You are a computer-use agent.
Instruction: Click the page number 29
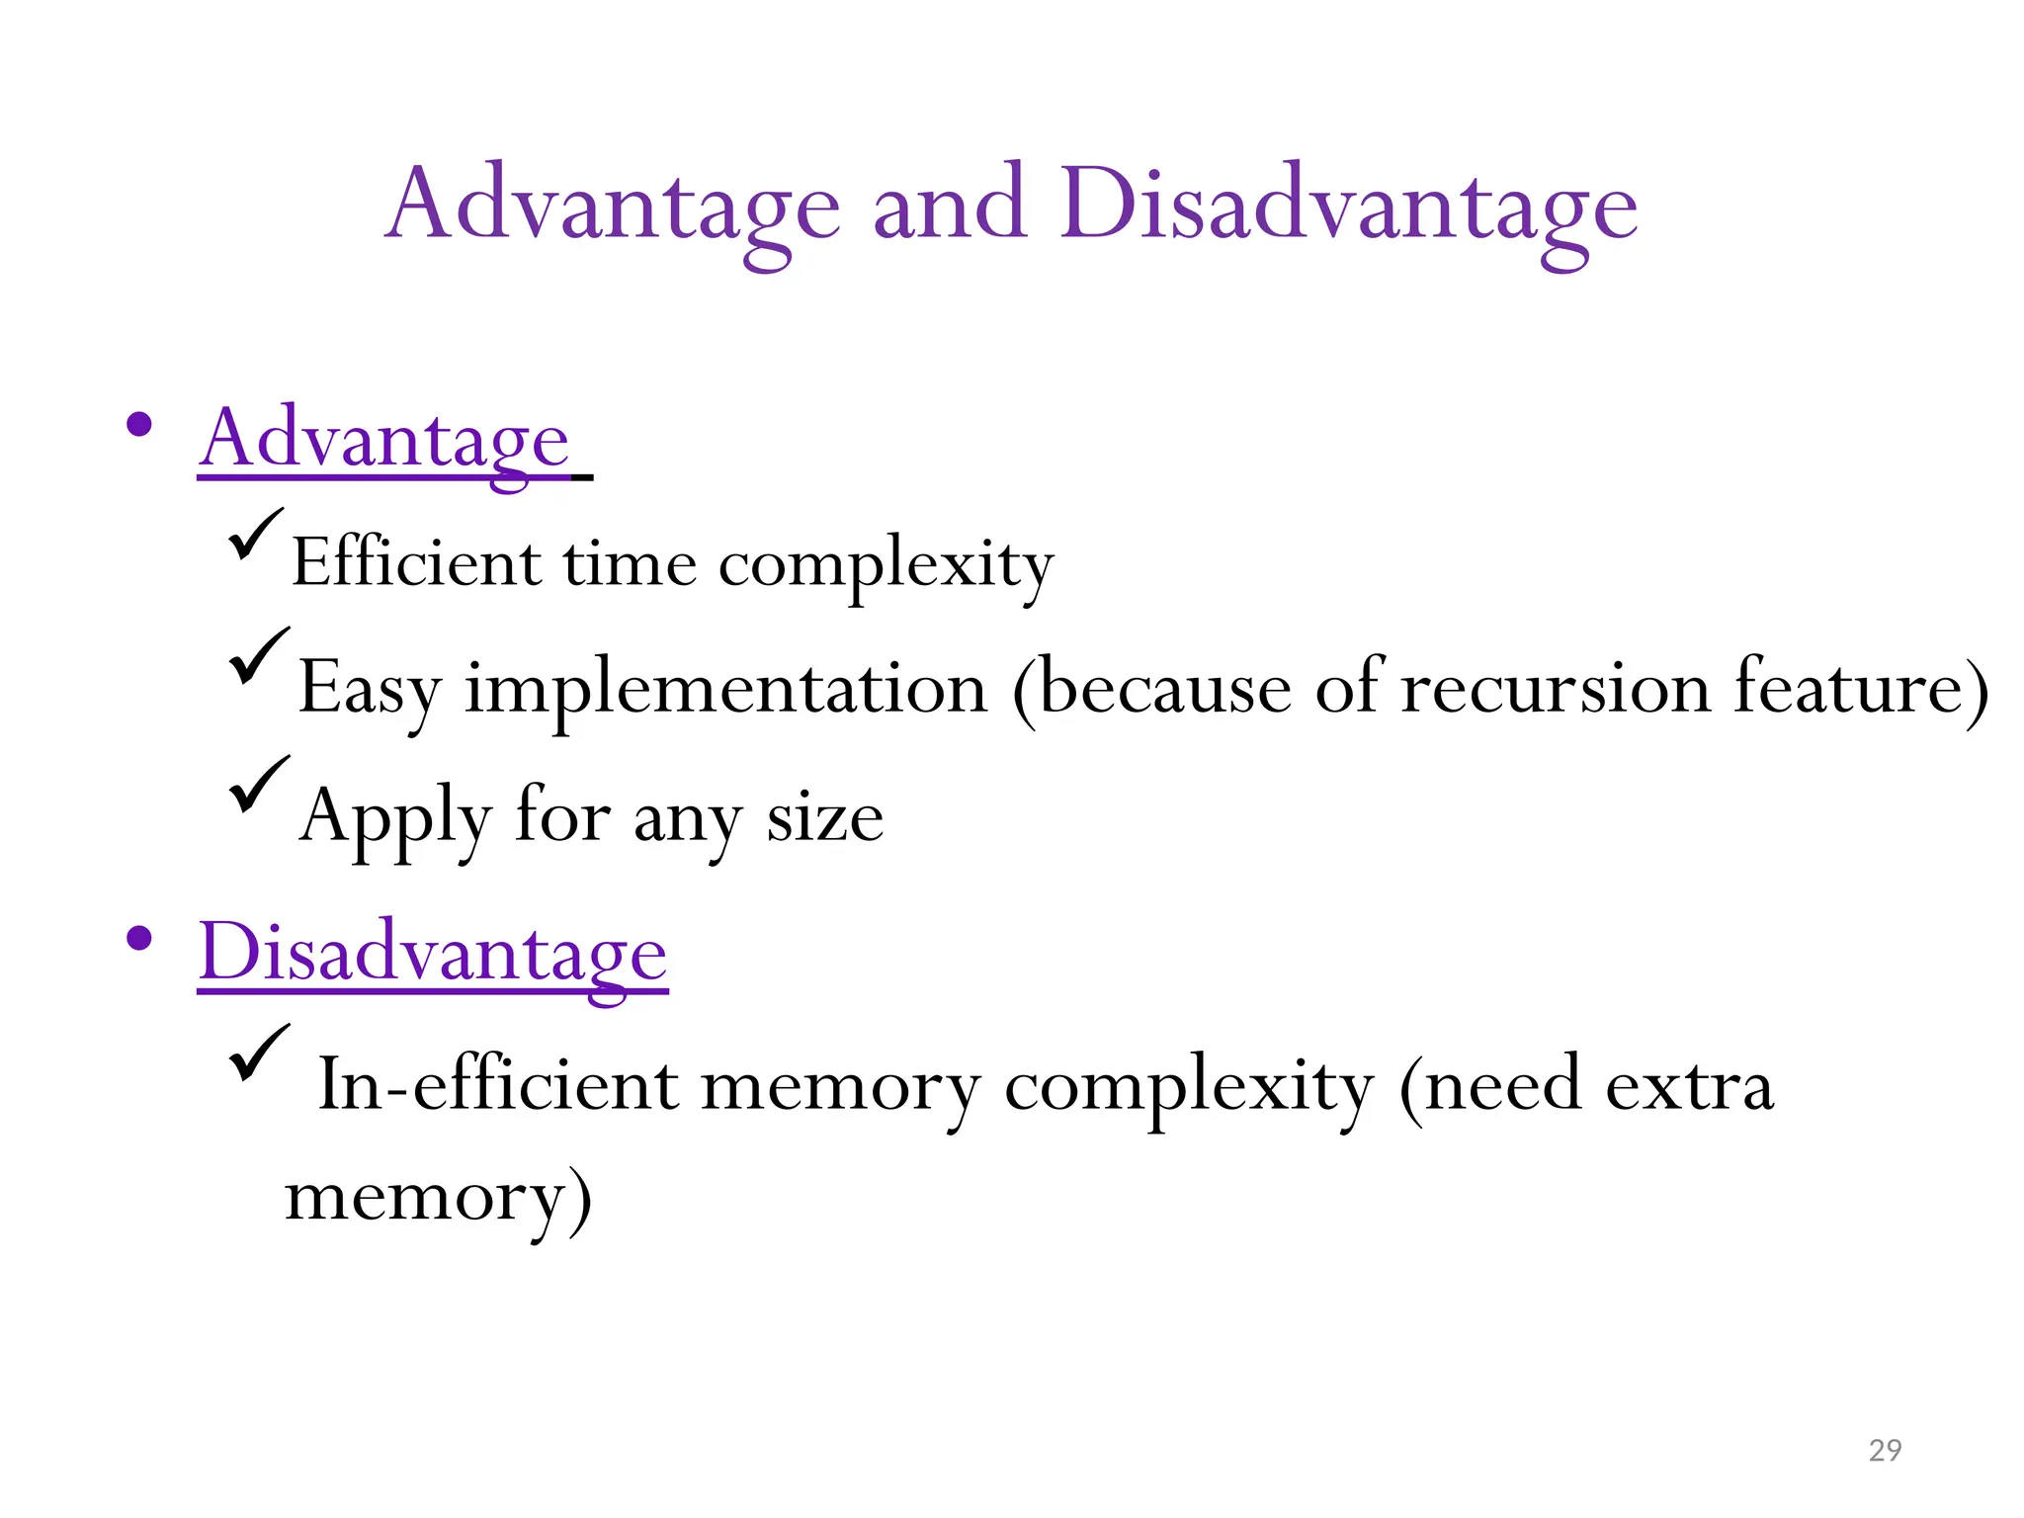[1885, 1450]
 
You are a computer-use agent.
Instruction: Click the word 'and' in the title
[950, 205]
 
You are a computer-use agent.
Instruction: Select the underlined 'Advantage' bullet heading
[384, 440]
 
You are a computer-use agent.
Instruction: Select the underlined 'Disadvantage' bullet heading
[433, 953]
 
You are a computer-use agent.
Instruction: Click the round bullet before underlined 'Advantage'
[139, 426]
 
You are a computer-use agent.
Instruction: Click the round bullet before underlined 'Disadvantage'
[139, 938]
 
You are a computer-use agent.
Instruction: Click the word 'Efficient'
[416, 563]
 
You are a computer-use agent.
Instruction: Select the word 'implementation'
[726, 688]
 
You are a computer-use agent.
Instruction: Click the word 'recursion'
[1556, 688]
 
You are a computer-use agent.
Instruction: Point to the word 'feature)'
[1861, 688]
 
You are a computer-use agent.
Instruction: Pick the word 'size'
[824, 818]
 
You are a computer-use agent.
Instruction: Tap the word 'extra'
[1689, 1085]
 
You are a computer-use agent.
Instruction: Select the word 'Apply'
[394, 818]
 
